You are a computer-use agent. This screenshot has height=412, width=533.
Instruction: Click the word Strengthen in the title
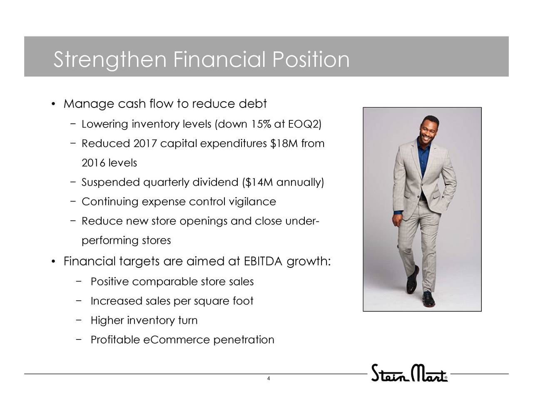click(x=110, y=60)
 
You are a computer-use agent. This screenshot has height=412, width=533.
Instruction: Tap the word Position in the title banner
click(x=311, y=59)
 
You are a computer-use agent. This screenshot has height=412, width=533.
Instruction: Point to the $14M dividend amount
click(x=259, y=182)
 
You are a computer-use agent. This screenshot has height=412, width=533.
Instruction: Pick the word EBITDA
click(x=263, y=261)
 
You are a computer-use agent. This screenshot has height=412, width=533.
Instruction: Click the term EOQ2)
click(x=304, y=124)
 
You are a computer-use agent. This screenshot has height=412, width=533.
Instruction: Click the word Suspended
click(x=111, y=182)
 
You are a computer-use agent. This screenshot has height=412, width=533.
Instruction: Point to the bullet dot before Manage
click(x=53, y=104)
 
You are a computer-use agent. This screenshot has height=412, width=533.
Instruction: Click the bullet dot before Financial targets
click(x=53, y=262)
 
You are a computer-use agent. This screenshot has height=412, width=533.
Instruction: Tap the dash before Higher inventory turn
click(x=78, y=320)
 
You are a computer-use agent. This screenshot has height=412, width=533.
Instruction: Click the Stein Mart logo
click(x=409, y=373)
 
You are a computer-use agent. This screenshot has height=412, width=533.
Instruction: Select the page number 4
click(x=269, y=378)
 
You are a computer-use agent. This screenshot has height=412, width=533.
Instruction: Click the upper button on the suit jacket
click(x=422, y=184)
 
